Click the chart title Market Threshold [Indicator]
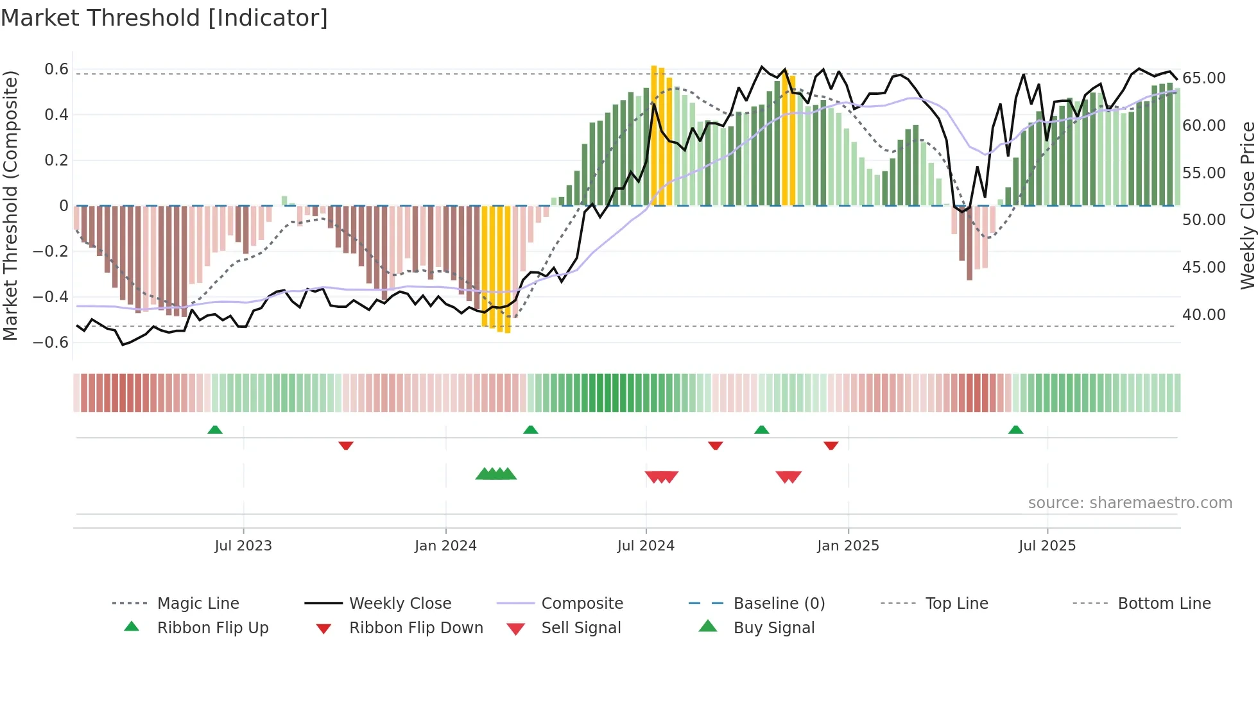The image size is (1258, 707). point(164,18)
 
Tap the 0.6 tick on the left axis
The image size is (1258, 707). point(56,69)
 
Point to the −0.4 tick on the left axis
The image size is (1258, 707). point(51,296)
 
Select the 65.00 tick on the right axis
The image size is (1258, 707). point(1204,78)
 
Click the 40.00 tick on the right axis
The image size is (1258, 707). point(1204,315)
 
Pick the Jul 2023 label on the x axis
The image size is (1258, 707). point(243,546)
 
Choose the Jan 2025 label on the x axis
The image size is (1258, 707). point(848,546)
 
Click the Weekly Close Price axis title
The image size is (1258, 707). point(1247,205)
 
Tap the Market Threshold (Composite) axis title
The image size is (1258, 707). point(10,205)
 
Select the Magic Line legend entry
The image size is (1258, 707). point(198,604)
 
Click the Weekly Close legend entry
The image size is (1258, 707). point(400,604)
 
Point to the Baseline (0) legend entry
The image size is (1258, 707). point(779,604)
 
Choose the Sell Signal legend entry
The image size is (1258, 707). point(581,628)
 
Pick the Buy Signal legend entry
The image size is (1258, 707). point(773,628)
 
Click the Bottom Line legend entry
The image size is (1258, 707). point(1164,604)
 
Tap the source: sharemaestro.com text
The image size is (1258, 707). point(1130,503)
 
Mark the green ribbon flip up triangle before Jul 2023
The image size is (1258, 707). point(215,430)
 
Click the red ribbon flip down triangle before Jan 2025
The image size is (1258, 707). point(831,445)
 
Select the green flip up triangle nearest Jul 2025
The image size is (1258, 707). point(1015,430)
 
